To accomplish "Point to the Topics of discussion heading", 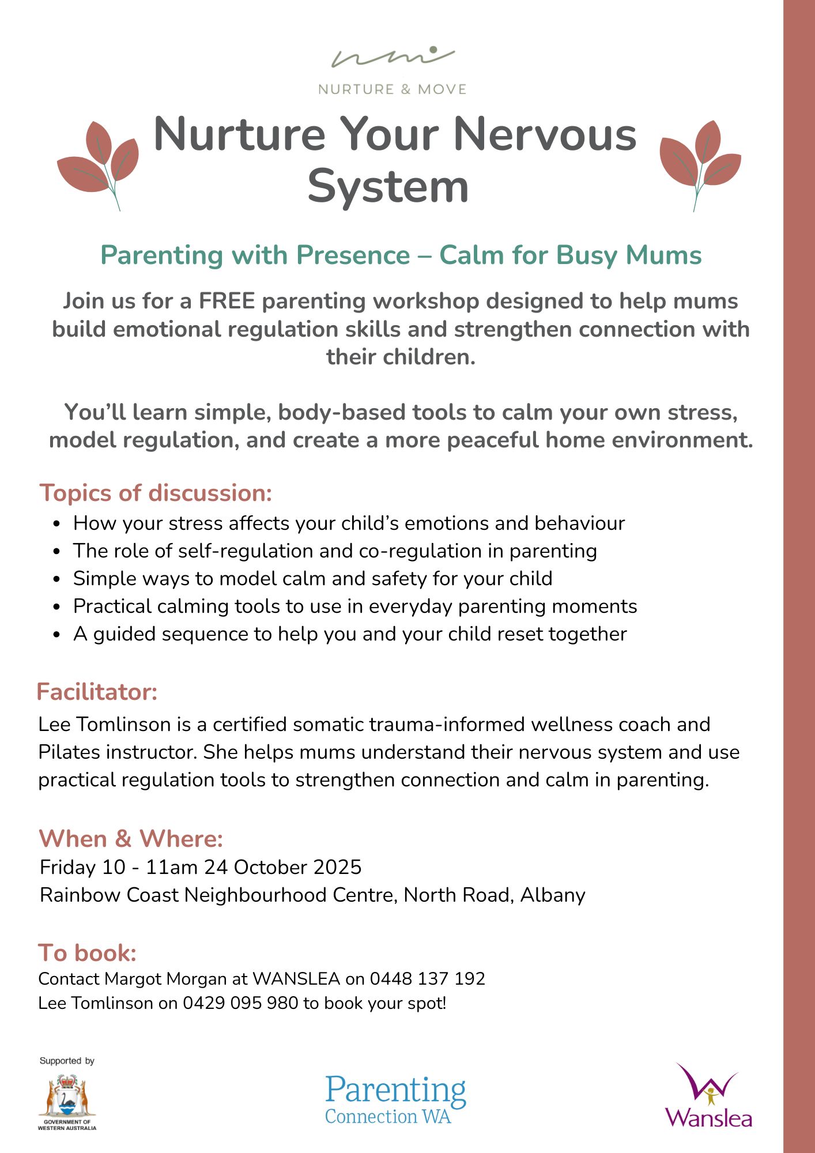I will click(156, 493).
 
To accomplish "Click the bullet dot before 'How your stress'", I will click(56, 524).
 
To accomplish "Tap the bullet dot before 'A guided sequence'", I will click(56, 635).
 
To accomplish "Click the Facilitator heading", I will click(97, 692).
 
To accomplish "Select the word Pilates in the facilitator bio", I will click(69, 752).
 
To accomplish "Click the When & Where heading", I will click(131, 839).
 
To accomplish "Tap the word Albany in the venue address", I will click(553, 895).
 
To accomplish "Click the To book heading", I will click(88, 953).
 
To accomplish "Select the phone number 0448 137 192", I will click(427, 979).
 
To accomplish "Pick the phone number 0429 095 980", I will click(240, 1003).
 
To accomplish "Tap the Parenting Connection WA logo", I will click(395, 1099).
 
